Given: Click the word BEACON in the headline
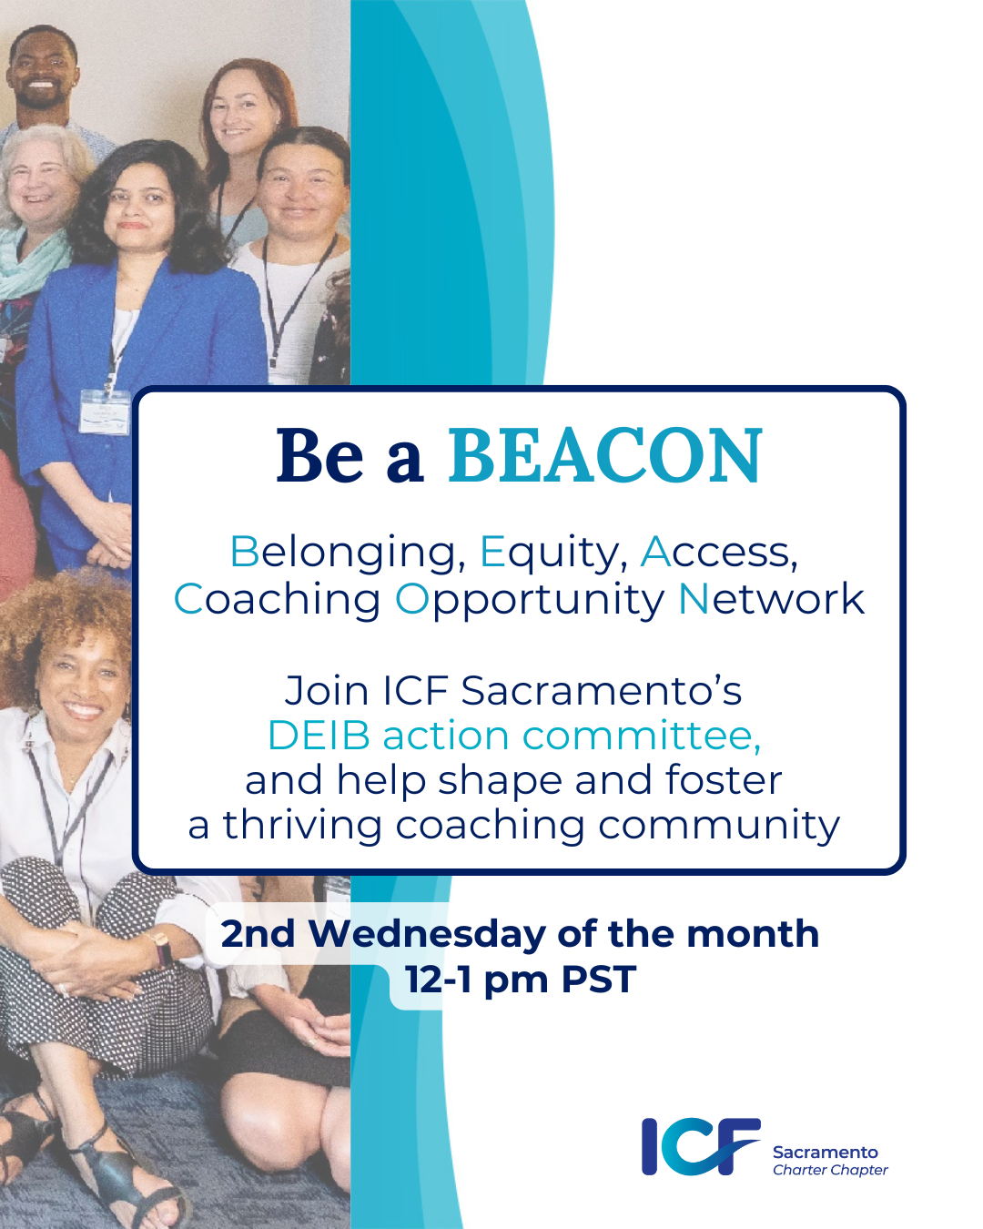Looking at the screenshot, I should [x=605, y=456].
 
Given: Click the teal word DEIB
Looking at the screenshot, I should [x=319, y=736].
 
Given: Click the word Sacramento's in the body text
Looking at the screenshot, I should [x=601, y=691].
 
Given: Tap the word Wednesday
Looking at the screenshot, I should [x=427, y=934].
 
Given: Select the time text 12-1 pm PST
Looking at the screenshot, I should [x=520, y=980].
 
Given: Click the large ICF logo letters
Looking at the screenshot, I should [x=700, y=1147].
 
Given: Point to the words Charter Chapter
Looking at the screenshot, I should [x=829, y=1171].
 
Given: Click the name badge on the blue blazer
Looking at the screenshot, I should [x=104, y=411].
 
